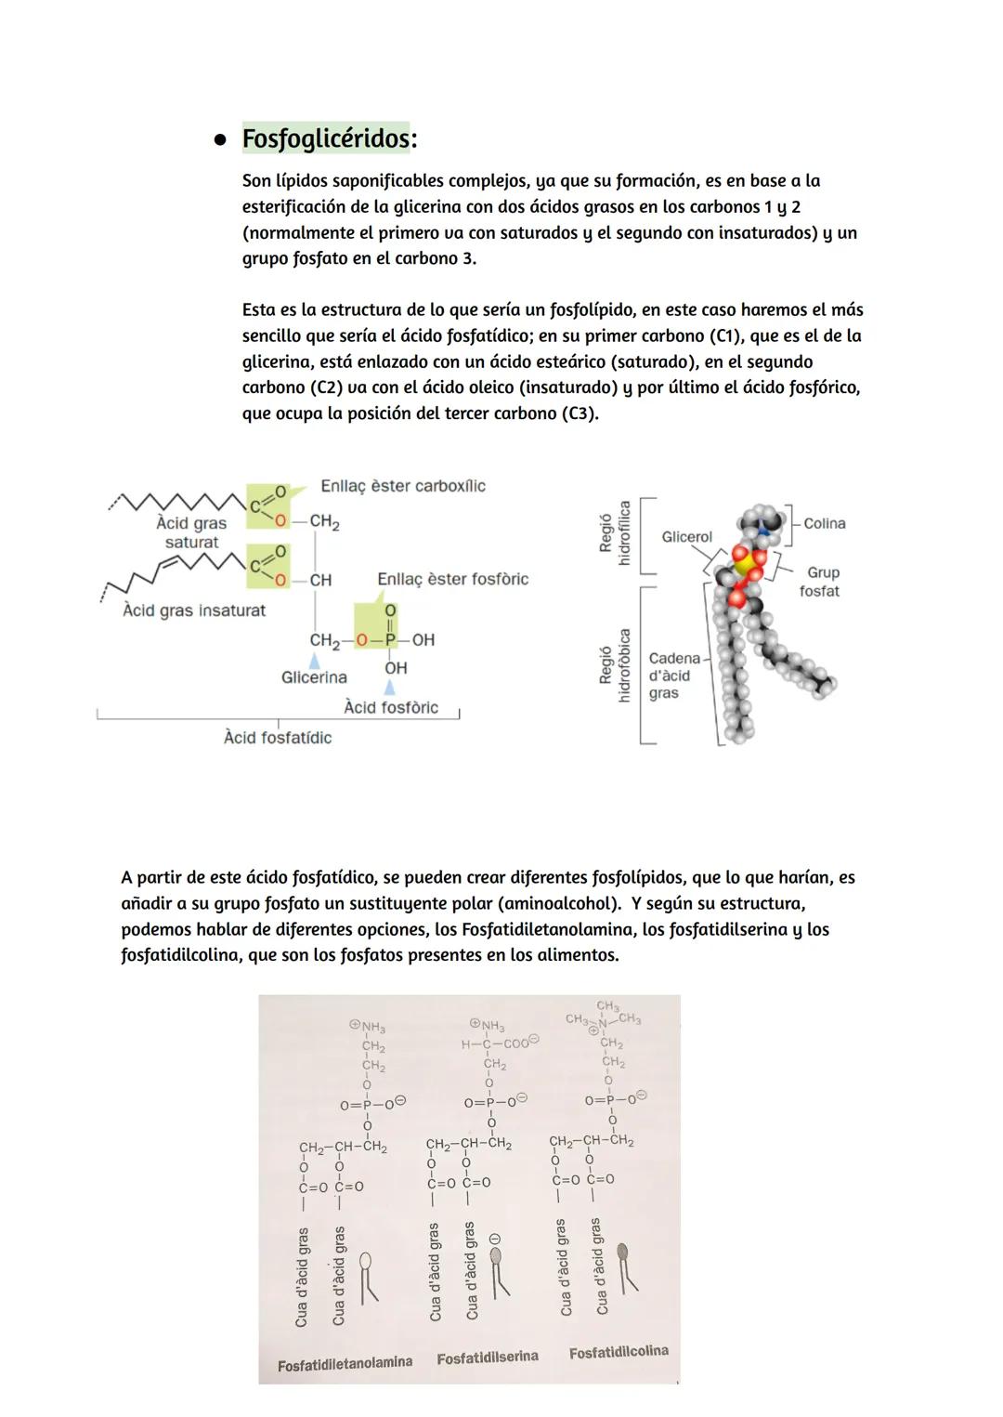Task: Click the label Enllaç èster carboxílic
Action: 402,486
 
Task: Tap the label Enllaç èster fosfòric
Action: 452,579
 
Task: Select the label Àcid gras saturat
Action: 191,532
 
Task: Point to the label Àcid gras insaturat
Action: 194,610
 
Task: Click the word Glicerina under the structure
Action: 314,677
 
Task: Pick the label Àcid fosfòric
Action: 390,707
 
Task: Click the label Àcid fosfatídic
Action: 277,737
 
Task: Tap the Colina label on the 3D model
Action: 824,524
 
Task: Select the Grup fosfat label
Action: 821,582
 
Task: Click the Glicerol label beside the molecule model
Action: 686,537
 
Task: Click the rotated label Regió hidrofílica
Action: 615,533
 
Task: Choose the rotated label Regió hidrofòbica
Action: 615,665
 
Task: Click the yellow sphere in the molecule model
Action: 744,562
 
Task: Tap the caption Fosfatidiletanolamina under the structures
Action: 345,1363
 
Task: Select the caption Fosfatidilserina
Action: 488,1358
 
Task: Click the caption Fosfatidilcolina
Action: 619,1352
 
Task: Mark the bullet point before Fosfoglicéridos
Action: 220,140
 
